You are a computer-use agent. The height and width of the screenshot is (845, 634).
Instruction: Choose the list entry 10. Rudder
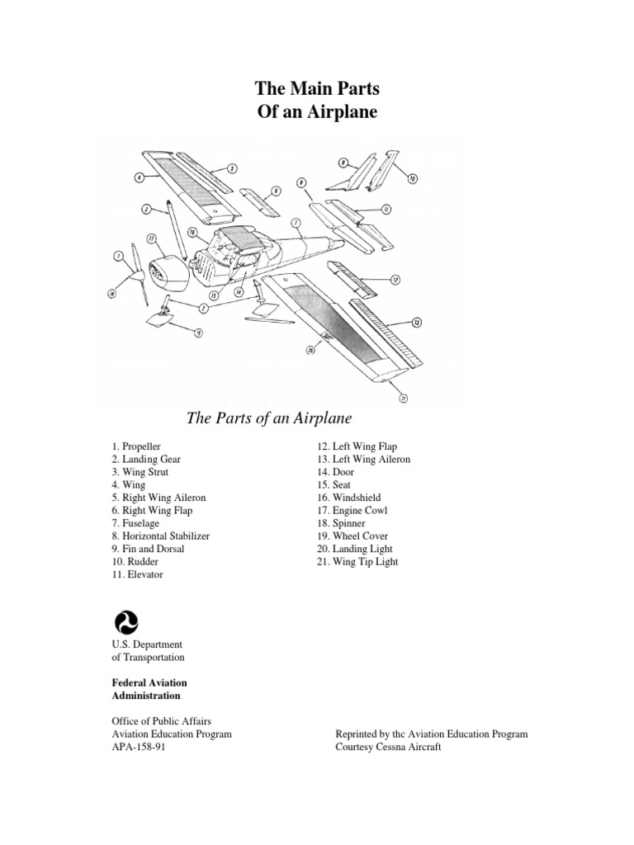(137, 562)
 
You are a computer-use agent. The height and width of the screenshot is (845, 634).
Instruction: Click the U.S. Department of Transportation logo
(124, 621)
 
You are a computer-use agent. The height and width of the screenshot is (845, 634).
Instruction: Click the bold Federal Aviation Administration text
(149, 689)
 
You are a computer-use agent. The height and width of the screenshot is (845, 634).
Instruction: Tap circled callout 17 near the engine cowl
(152, 239)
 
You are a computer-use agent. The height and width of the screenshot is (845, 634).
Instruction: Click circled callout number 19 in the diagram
(198, 333)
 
